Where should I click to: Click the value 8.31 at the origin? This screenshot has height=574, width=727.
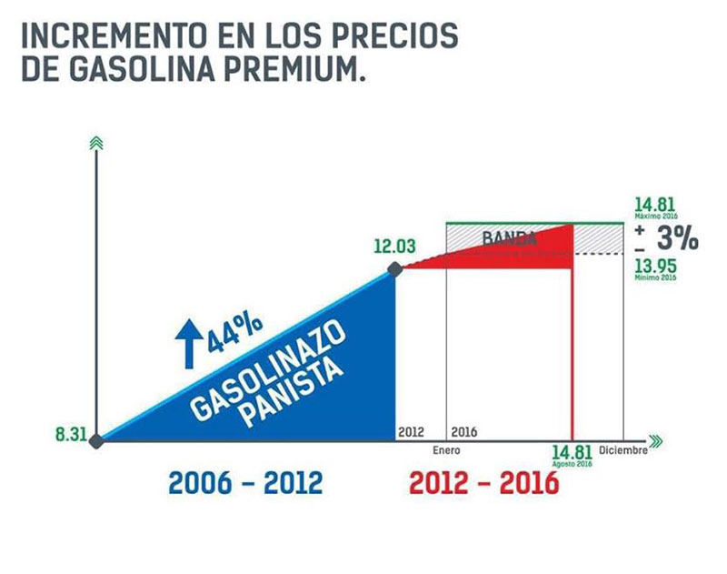coord(70,435)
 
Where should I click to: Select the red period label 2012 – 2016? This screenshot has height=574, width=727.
coord(484,483)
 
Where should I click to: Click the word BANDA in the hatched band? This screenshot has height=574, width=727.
coord(510,239)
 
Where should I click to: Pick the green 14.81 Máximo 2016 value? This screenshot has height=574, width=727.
coord(654,206)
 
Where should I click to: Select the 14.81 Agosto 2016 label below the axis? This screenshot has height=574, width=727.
coord(572,452)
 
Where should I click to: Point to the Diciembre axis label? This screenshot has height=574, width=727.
coord(622,449)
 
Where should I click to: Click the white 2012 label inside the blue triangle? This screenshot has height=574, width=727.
coord(411,431)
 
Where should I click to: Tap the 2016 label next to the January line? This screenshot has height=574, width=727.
coord(463,431)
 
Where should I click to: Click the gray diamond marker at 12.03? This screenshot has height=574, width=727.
coord(394,268)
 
